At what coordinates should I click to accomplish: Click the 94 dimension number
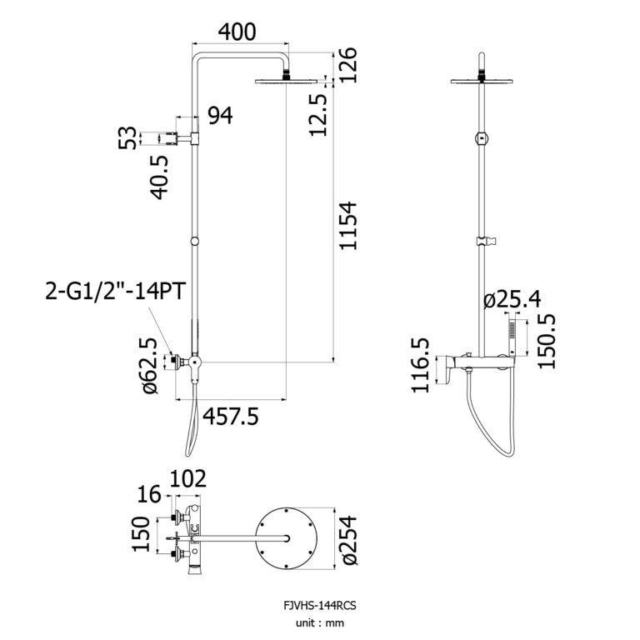pos(220,117)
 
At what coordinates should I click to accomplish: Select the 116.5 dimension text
pos(422,365)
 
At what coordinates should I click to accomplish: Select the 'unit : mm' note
pos(319,622)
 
